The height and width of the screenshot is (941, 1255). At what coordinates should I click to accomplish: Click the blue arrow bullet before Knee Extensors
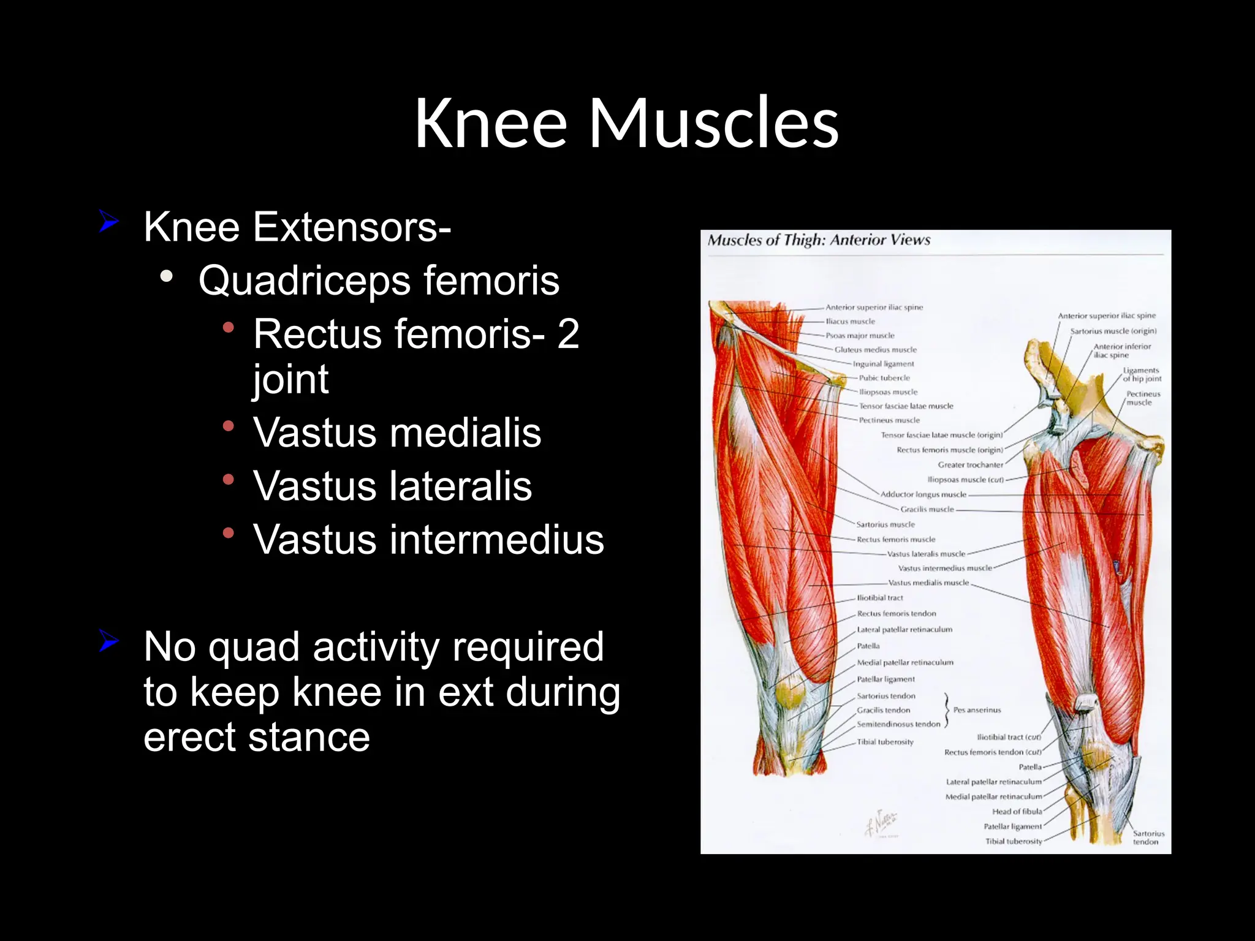pos(108,222)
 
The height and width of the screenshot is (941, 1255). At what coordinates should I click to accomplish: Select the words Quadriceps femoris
pos(379,281)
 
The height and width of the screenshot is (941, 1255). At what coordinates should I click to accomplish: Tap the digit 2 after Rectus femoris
pos(567,334)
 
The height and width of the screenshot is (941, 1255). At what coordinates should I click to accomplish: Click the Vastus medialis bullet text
pos(397,433)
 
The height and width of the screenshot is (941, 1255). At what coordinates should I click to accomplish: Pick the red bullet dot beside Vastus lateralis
pos(229,480)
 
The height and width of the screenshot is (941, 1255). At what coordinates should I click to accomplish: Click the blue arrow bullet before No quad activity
pos(108,642)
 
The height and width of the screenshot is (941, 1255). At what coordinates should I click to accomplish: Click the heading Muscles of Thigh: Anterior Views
pos(819,240)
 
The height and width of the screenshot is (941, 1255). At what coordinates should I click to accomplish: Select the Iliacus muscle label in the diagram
pos(851,322)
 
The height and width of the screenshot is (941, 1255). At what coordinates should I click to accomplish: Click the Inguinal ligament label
pos(883,364)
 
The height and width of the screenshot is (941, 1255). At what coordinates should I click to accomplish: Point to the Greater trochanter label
pos(970,465)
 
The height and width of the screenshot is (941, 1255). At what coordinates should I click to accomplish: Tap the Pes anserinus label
pos(977,710)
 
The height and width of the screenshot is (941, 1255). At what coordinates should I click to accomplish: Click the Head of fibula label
pos(1017,812)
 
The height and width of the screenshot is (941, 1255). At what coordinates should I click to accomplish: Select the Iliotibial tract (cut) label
pos(1009,738)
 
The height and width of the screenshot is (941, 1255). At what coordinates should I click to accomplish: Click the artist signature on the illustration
pos(881,823)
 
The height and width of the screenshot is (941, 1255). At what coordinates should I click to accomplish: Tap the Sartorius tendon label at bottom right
pos(1148,837)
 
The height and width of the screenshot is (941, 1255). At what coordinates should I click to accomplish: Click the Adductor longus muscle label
pos(923,494)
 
